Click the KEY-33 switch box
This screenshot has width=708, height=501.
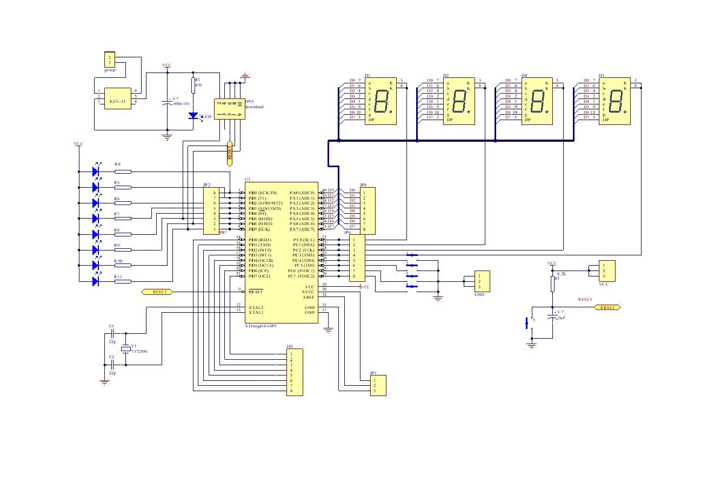117,98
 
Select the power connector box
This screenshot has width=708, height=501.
110,60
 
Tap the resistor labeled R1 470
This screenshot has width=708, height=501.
193,85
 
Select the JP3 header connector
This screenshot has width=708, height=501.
295,373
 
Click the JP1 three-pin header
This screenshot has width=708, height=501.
378,386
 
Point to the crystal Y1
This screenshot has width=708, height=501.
126,350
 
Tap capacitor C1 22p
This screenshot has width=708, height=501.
111,335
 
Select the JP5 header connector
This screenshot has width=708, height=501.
367,210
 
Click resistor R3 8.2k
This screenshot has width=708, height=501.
552,284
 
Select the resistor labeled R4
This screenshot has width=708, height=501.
123,172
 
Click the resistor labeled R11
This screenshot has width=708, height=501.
123,281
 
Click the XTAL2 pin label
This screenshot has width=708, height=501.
256,307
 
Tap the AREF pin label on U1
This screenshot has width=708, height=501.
308,297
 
